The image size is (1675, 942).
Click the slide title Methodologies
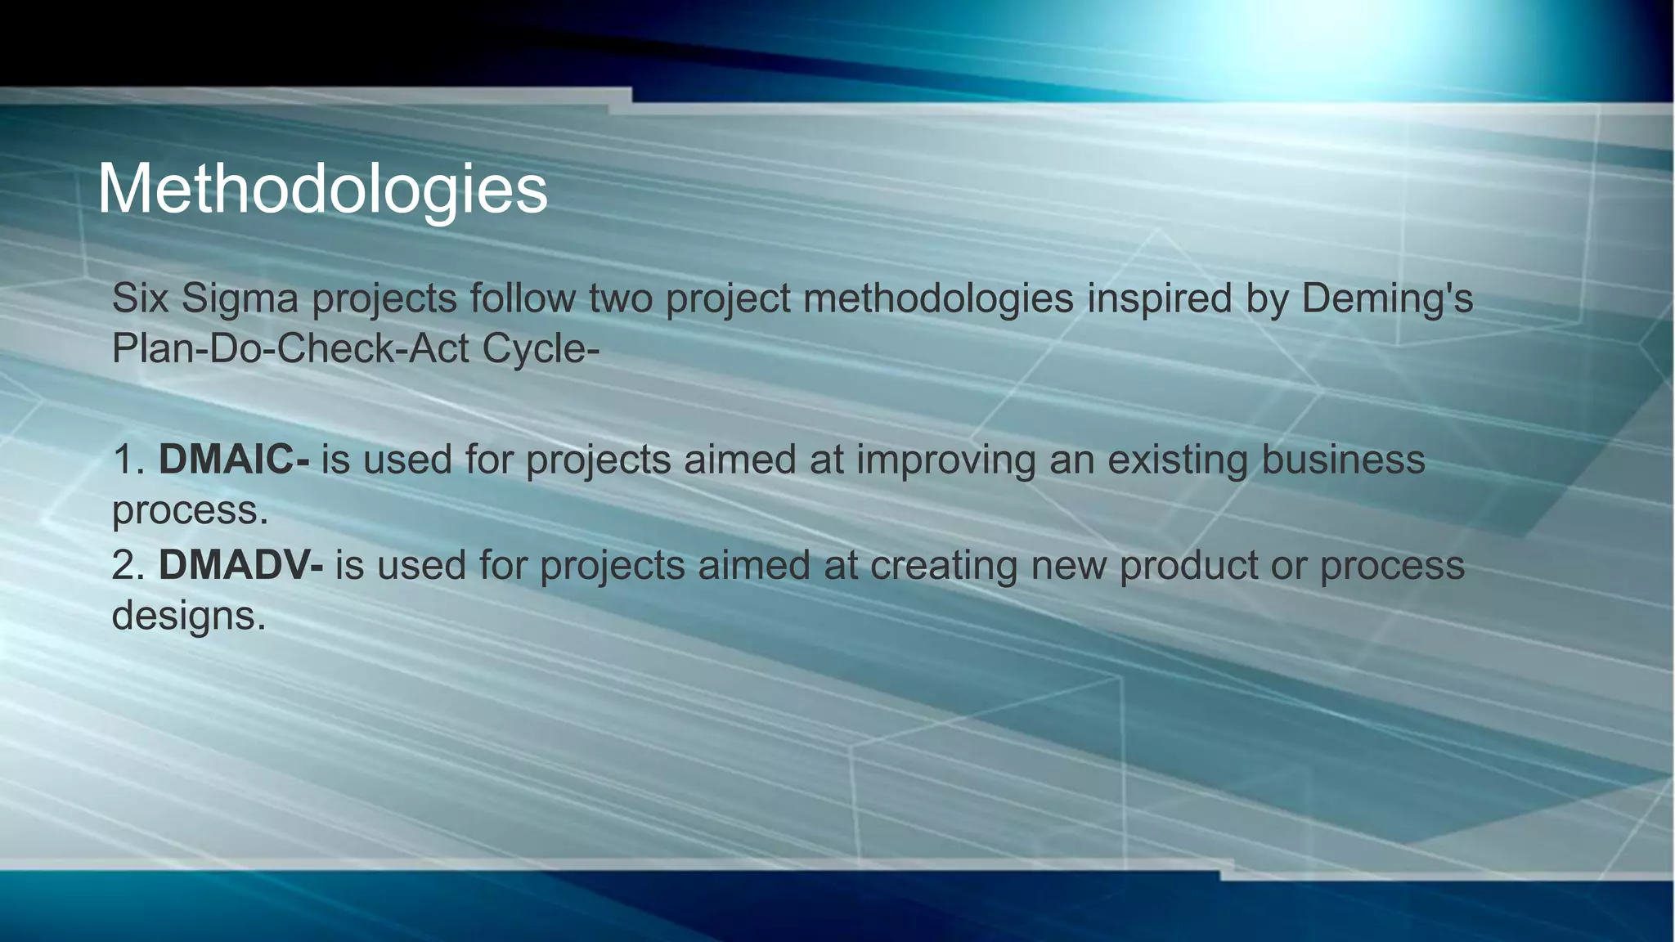point(322,190)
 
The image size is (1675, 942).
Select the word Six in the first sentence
point(140,298)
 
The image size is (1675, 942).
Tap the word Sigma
point(240,298)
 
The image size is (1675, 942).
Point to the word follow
point(523,298)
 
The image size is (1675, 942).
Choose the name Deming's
point(1387,298)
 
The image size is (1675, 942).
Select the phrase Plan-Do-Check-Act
point(290,349)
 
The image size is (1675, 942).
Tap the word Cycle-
point(541,349)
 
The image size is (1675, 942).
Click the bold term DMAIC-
point(234,460)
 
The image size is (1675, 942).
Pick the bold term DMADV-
point(240,565)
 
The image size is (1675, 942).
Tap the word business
point(1343,460)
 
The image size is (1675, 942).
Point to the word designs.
point(188,616)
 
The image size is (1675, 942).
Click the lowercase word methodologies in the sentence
point(938,298)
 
